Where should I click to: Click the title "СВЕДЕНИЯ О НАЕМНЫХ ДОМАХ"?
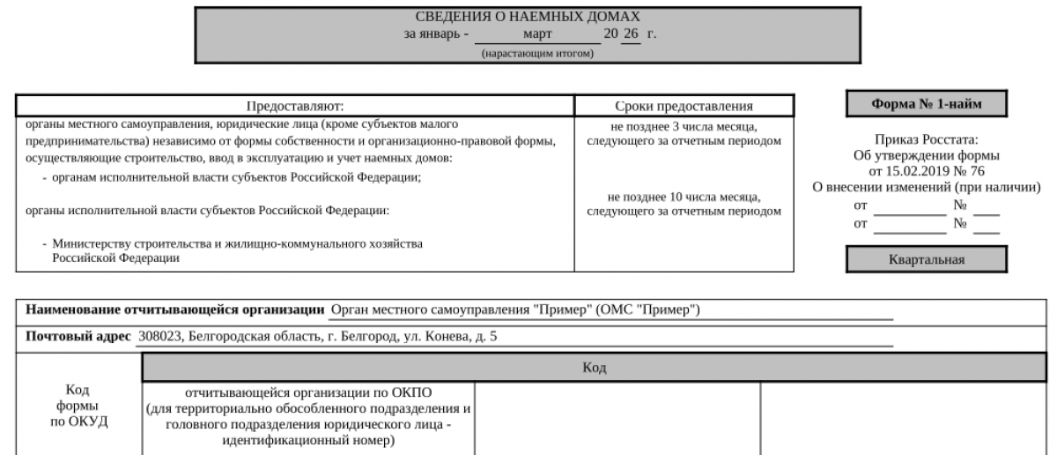coord(528,17)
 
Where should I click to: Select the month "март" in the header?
coord(537,34)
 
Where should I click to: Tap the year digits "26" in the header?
coord(630,34)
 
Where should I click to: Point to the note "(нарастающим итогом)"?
coord(537,53)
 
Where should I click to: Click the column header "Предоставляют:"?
coord(295,106)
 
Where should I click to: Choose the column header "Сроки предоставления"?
coord(684,106)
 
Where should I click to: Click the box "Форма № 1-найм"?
coord(927,104)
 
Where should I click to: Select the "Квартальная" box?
coord(927,259)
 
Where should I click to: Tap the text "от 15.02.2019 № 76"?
coord(927,171)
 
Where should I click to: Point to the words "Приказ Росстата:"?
coord(927,139)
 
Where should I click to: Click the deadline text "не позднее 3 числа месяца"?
coord(684,126)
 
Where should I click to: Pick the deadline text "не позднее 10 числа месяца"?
coord(684,197)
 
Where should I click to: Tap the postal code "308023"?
coord(157,336)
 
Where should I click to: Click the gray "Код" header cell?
coord(595,367)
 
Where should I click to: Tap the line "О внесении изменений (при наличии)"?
coord(927,187)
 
